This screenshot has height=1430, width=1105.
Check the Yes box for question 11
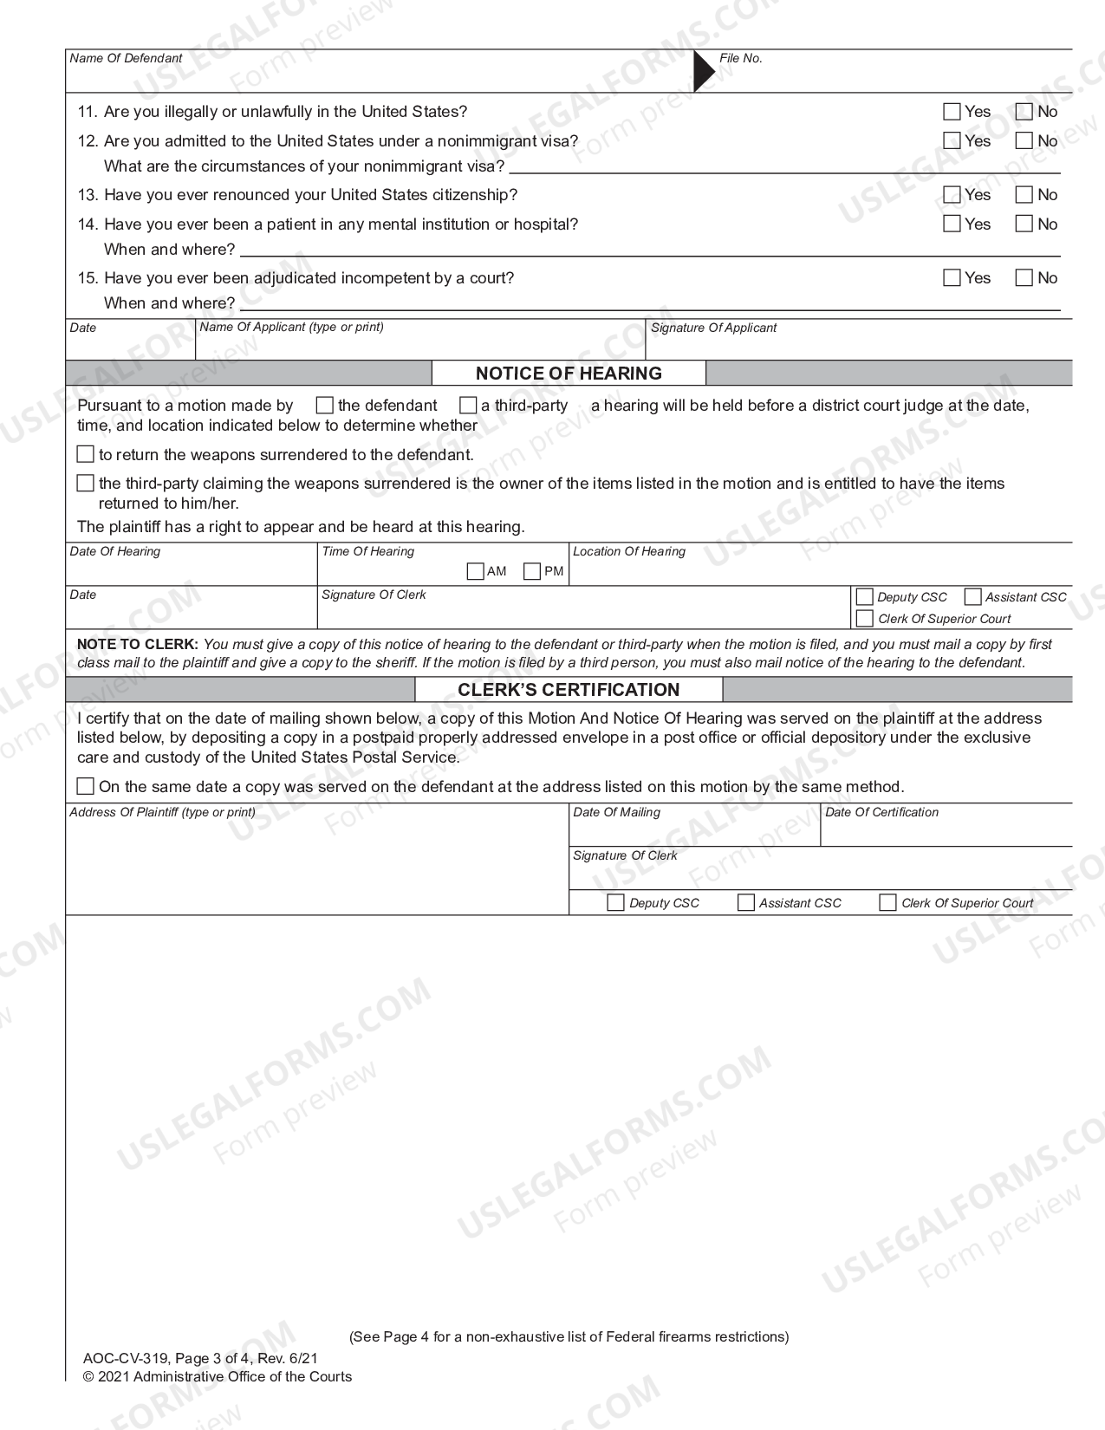click(952, 112)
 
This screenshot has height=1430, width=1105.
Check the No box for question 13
click(1024, 195)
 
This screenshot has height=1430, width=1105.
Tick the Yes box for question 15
click(952, 278)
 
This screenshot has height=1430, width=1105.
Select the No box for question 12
click(1024, 140)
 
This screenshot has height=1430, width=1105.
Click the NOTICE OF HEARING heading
click(569, 374)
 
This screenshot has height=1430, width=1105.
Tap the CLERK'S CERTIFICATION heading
click(569, 690)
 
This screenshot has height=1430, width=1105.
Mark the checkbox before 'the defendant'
click(325, 406)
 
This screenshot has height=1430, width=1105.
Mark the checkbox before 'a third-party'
click(468, 406)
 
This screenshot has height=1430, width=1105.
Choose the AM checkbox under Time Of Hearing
click(475, 571)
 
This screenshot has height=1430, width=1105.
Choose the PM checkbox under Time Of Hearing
click(532, 571)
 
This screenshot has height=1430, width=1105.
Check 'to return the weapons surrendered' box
click(85, 454)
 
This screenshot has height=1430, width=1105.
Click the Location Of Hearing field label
click(629, 552)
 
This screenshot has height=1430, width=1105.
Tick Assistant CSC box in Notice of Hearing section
click(972, 597)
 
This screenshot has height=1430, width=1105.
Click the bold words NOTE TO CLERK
click(138, 645)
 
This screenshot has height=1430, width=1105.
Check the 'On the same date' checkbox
click(85, 786)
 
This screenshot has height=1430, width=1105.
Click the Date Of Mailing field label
click(616, 813)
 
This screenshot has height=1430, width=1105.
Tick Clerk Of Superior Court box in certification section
click(887, 903)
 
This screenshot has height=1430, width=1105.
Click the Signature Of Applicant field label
click(713, 328)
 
